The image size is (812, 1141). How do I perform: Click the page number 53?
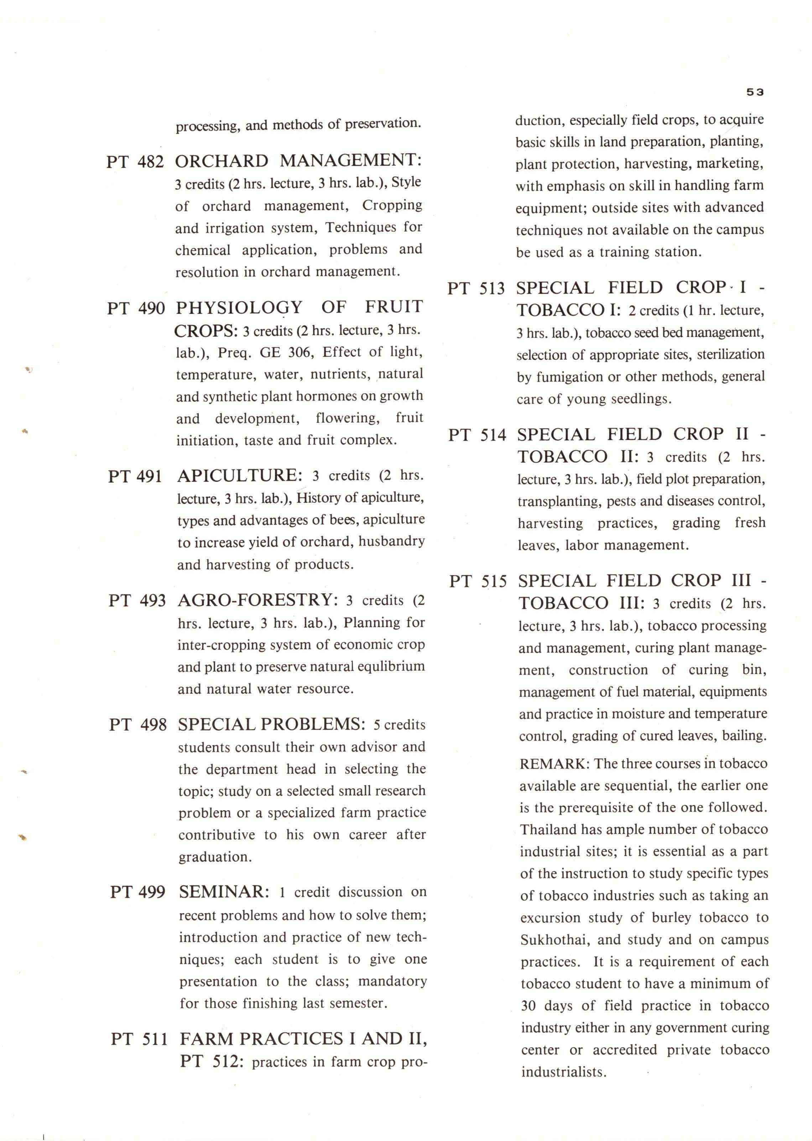755,92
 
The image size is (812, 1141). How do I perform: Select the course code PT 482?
135,162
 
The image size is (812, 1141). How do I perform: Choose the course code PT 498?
137,725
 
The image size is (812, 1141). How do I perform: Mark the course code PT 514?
477,435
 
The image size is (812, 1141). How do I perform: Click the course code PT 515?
478,582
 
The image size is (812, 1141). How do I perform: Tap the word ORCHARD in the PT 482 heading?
222,161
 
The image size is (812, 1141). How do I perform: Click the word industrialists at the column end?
563,1072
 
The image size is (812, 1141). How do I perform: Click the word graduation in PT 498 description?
215,857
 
